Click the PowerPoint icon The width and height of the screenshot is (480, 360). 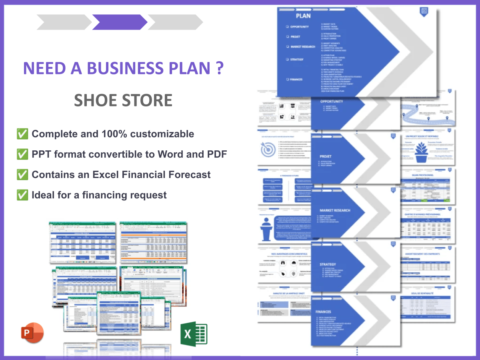pyautogui.click(x=32, y=332)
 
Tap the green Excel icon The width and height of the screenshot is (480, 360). pyautogui.click(x=194, y=334)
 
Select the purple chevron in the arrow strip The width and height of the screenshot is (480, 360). pyautogui.click(x=119, y=22)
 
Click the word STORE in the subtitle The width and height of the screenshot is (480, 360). pyautogui.click(x=147, y=100)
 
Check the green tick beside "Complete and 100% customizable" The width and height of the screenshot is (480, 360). pyautogui.click(x=22, y=134)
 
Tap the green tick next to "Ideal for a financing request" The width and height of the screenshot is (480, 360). pyautogui.click(x=22, y=195)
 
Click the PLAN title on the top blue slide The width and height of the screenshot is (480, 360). pyautogui.click(x=303, y=16)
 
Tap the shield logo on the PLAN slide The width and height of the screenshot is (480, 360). pyautogui.click(x=424, y=12)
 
